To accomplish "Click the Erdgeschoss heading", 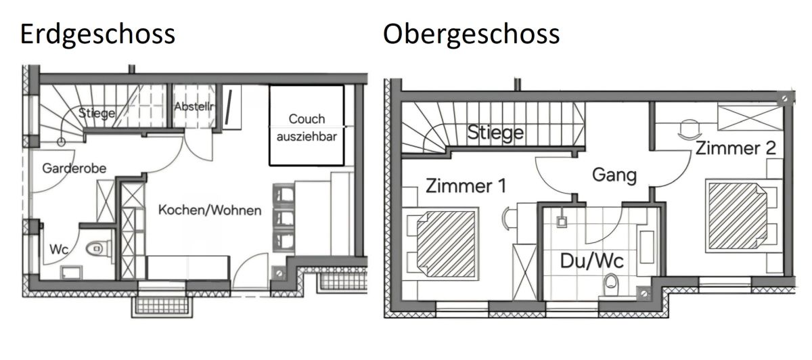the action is [x=97, y=35].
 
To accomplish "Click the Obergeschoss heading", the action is [x=471, y=35].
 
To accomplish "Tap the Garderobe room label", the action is [x=74, y=168].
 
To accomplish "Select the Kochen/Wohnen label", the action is [x=210, y=210].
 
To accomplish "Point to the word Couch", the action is [x=307, y=119].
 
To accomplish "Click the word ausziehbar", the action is [x=307, y=137].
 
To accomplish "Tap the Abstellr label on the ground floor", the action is [x=194, y=107].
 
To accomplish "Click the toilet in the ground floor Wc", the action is [x=99, y=249].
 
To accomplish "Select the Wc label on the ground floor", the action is [x=59, y=250].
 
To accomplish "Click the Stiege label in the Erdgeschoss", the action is [x=97, y=113].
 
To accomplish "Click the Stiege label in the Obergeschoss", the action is [x=495, y=133].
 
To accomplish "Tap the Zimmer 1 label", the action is [x=466, y=186].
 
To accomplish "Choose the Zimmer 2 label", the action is [x=736, y=148].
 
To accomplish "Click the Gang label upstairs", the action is [x=614, y=175].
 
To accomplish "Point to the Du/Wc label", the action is [x=591, y=261].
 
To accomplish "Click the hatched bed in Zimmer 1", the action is [x=446, y=244].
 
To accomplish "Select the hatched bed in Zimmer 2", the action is [x=738, y=216].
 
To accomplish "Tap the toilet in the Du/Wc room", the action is [x=611, y=285].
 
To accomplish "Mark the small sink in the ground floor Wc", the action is [x=72, y=272].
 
